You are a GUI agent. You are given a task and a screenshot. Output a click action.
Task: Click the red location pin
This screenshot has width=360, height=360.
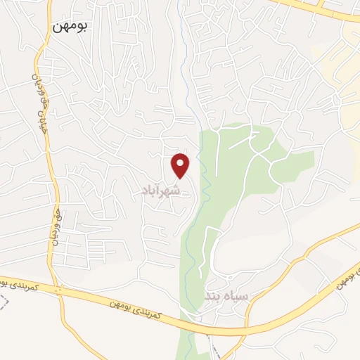[x=181, y=166]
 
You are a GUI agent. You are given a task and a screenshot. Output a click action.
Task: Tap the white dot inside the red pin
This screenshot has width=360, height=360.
[x=181, y=163]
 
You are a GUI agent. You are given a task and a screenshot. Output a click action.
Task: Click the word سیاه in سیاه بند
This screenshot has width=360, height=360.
[x=236, y=296]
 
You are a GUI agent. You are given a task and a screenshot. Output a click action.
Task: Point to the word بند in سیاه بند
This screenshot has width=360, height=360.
[x=214, y=296]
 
